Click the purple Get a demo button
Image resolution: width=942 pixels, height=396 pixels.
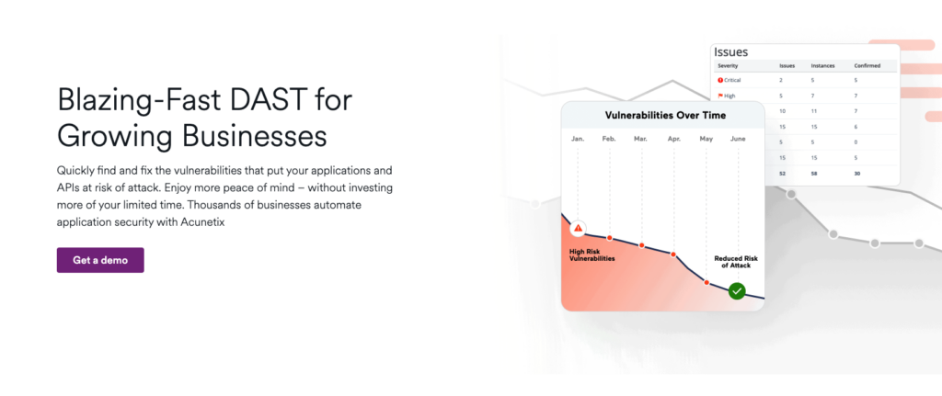tap(100, 260)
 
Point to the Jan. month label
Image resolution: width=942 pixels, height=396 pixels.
tap(578, 139)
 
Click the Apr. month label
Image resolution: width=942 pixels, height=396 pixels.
tap(673, 139)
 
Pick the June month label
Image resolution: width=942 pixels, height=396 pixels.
tap(738, 139)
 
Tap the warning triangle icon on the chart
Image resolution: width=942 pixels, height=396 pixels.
tap(578, 228)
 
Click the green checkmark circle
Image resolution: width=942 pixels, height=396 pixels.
tap(737, 291)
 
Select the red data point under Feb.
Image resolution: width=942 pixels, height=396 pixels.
tap(609, 238)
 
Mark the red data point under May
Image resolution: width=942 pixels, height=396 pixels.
tap(706, 282)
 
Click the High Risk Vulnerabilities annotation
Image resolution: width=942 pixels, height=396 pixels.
tap(592, 255)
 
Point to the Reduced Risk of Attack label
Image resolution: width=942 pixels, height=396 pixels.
tap(736, 262)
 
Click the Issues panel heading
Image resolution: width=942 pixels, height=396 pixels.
tap(731, 52)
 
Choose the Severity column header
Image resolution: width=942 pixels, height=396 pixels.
tap(728, 65)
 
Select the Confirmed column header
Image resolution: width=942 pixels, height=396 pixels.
tap(867, 65)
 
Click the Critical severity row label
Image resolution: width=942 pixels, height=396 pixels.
tap(729, 80)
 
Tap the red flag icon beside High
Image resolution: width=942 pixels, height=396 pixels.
tap(720, 96)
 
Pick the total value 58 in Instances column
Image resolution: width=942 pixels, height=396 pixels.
tap(814, 174)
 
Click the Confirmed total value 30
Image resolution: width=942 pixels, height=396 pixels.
tap(857, 174)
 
